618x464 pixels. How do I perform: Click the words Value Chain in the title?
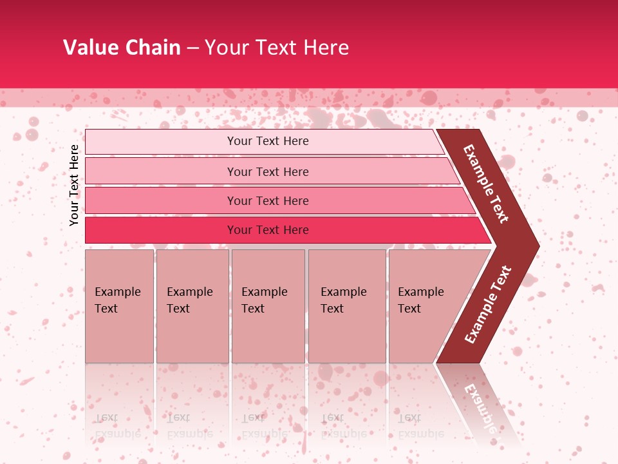click(122, 48)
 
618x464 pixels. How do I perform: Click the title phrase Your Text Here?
click(276, 48)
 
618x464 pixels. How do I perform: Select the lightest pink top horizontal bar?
click(161, 142)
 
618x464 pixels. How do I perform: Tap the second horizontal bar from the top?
click(161, 171)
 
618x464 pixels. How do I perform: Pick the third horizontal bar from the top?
click(161, 201)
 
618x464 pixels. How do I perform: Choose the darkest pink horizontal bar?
click(161, 230)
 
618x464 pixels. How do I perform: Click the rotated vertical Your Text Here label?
click(74, 185)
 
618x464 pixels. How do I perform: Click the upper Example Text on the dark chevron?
click(486, 184)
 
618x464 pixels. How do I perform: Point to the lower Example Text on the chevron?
click(487, 304)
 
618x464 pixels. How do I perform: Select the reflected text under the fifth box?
click(411, 425)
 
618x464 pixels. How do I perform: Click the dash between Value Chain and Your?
click(192, 48)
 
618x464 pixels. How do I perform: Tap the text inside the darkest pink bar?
click(268, 230)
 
